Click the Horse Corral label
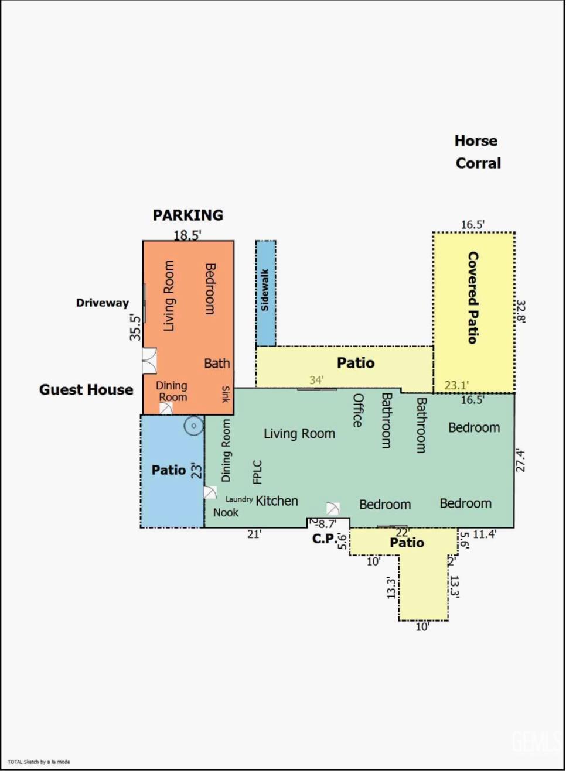coord(478,152)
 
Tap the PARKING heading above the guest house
coord(188,215)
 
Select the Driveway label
coord(103,303)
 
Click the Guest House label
coord(86,390)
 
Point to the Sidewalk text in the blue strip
coord(265,290)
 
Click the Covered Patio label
coord(473,298)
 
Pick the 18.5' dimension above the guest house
coord(187,235)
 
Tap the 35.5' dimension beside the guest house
coord(135,327)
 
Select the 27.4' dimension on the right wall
coord(520,460)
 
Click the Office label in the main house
coord(357,410)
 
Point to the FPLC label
coord(257,472)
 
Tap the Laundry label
coord(239,499)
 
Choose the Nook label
coord(226,512)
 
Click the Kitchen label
coord(277,501)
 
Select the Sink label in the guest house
coord(226,395)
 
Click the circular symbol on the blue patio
coord(194,426)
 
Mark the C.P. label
coord(325,539)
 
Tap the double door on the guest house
coord(150,361)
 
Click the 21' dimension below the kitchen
coord(254,534)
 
